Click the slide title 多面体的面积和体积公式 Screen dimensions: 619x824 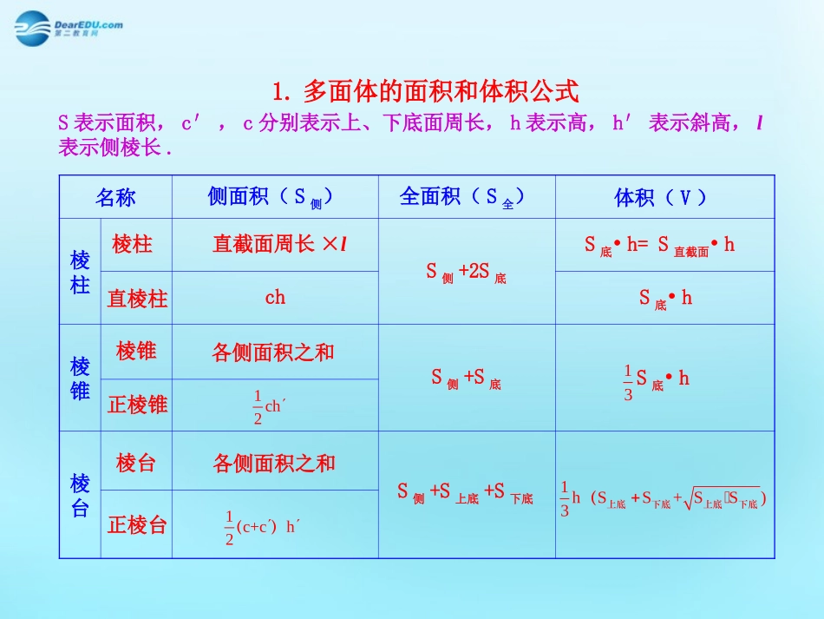[425, 90]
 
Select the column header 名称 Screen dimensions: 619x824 [115, 197]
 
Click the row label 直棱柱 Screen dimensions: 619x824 [136, 299]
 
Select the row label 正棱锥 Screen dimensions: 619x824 [136, 405]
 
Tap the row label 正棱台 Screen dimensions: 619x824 [136, 524]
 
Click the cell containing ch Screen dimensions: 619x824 [275, 297]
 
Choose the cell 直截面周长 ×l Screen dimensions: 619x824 [279, 245]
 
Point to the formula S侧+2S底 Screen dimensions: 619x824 [466, 272]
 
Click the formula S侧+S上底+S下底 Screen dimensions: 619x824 [466, 492]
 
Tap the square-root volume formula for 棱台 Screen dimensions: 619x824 [664, 498]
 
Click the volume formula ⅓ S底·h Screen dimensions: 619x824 [656, 379]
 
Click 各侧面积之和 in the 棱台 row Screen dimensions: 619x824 [274, 463]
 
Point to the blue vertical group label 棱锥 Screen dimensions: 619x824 [80, 379]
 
